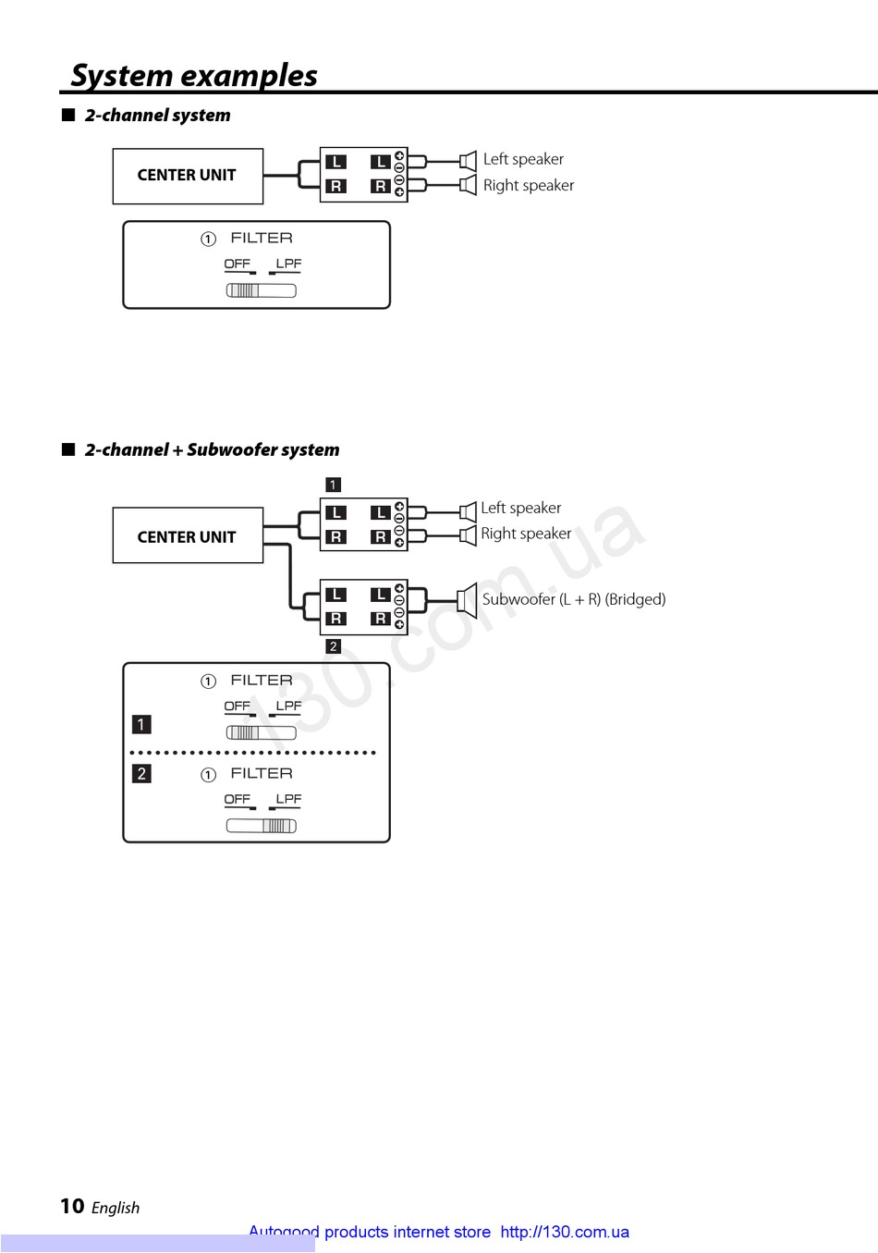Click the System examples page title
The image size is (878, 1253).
pos(194,76)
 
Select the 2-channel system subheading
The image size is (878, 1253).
pos(157,116)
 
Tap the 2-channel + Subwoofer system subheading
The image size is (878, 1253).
pos(212,450)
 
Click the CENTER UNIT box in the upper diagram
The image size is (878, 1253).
pos(188,176)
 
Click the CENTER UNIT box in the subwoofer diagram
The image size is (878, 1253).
pos(188,536)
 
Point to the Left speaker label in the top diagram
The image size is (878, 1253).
pos(523,159)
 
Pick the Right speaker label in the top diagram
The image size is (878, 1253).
pos(529,185)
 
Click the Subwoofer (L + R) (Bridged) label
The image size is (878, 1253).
pos(573,599)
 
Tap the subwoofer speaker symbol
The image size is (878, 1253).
pos(468,598)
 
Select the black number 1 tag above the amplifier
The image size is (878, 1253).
pos(334,485)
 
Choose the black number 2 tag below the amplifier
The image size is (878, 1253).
pos(334,646)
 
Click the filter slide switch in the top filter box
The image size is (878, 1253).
pos(262,290)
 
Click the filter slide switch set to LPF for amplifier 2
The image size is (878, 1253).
pos(262,826)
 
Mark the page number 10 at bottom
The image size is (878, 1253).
pos(72,1206)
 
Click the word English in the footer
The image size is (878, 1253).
pos(116,1208)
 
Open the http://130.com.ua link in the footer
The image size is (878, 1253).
pos(565,1232)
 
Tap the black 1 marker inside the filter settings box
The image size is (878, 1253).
pos(141,724)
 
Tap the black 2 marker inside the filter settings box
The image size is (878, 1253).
pos(141,773)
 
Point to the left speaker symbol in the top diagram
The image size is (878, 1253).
pos(469,160)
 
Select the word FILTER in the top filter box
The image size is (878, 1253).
pos(262,239)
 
